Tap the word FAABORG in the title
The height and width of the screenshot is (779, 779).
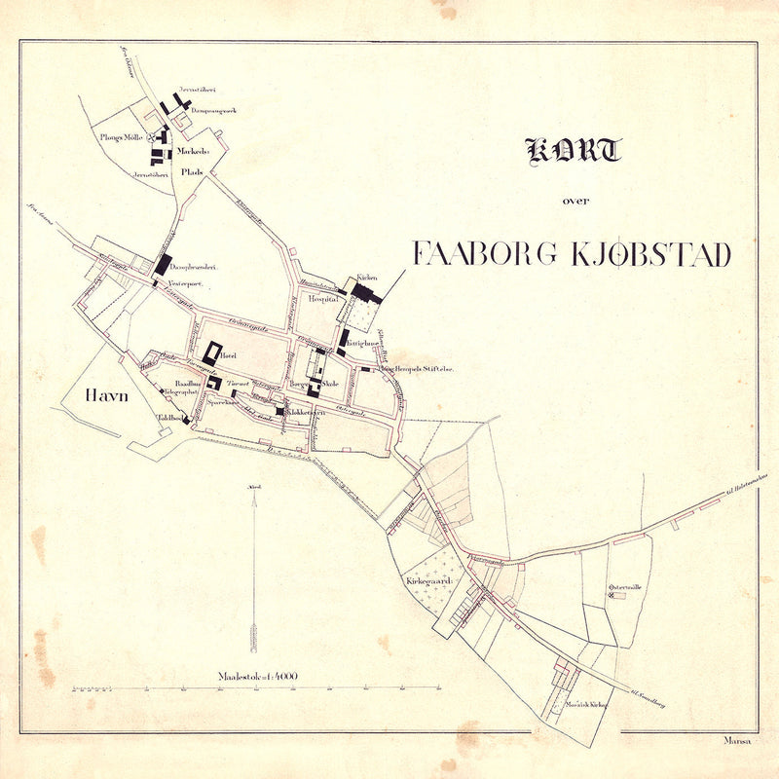click(484, 254)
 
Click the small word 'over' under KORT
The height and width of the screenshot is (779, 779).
click(575, 202)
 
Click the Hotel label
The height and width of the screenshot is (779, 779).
click(230, 356)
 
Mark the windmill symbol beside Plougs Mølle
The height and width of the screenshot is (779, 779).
click(151, 138)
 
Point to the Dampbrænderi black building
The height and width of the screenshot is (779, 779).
click(163, 264)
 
